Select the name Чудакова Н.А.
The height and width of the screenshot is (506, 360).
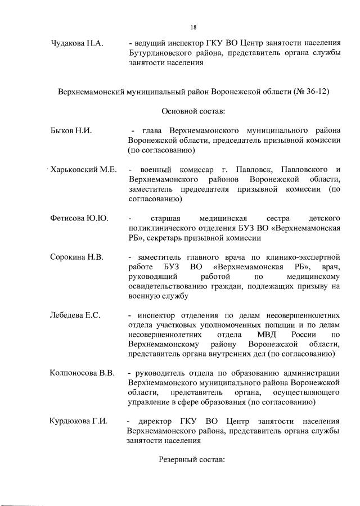click(76, 43)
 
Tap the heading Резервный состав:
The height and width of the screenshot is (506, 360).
click(191, 459)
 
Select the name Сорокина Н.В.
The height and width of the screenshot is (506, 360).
click(77, 257)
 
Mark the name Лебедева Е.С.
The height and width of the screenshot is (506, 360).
click(75, 315)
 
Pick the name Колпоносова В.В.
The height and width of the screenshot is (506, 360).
click(83, 373)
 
